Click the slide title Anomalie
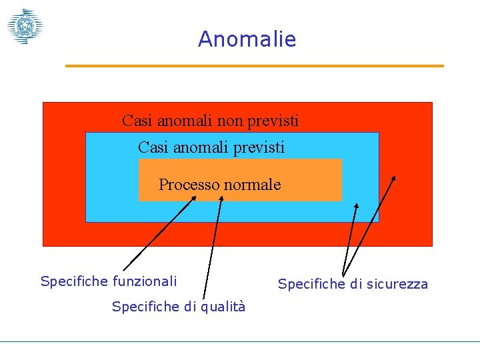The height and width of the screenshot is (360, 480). tap(247, 39)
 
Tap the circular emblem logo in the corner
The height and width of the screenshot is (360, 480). tap(25, 27)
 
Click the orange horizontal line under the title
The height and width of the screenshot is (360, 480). tap(254, 66)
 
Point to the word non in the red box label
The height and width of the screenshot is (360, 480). tap(231, 121)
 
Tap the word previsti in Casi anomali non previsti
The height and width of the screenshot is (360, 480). tap(273, 121)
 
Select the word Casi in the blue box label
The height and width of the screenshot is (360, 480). tap(153, 147)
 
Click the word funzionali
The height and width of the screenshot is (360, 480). tap(145, 281)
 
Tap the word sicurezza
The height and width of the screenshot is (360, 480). tap(396, 285)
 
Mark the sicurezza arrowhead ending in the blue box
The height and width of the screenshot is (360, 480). tap(356, 207)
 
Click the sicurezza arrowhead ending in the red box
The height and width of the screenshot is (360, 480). tap(393, 179)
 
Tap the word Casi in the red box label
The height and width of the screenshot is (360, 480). tap(137, 121)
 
